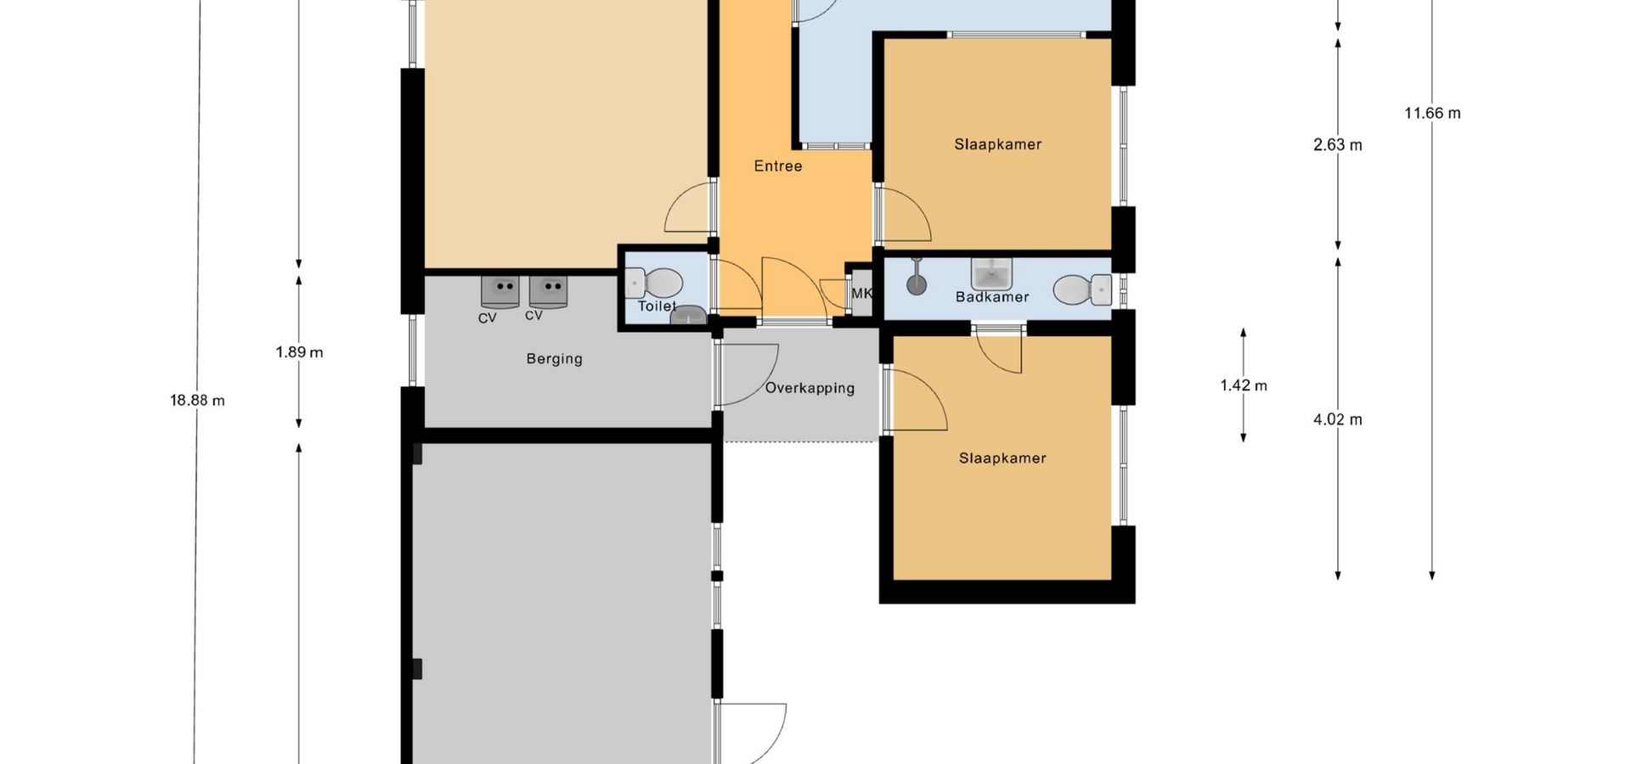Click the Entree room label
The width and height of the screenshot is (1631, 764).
(x=778, y=166)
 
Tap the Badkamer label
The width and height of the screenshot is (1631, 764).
(x=992, y=297)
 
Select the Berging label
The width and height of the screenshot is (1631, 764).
(x=555, y=359)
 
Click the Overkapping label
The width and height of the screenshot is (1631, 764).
(x=810, y=389)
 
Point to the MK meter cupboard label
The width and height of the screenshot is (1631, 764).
(x=861, y=294)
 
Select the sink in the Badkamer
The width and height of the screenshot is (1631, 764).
(x=991, y=274)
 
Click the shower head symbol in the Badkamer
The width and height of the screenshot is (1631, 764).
(x=916, y=279)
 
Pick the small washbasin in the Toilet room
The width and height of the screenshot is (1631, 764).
(x=688, y=315)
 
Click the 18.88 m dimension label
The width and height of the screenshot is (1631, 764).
(x=198, y=401)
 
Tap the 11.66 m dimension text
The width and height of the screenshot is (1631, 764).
(x=1432, y=114)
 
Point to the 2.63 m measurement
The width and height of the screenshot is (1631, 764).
(x=1338, y=145)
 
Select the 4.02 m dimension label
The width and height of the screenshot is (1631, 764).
(x=1338, y=419)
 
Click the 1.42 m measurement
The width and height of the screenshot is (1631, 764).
(x=1244, y=386)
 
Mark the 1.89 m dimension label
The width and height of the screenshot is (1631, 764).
(x=299, y=352)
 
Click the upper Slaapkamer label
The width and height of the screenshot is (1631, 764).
(x=998, y=144)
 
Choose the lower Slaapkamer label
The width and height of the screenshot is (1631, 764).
(x=1002, y=458)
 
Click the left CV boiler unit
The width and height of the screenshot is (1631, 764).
(x=500, y=291)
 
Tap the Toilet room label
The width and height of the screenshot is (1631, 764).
(x=657, y=306)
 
